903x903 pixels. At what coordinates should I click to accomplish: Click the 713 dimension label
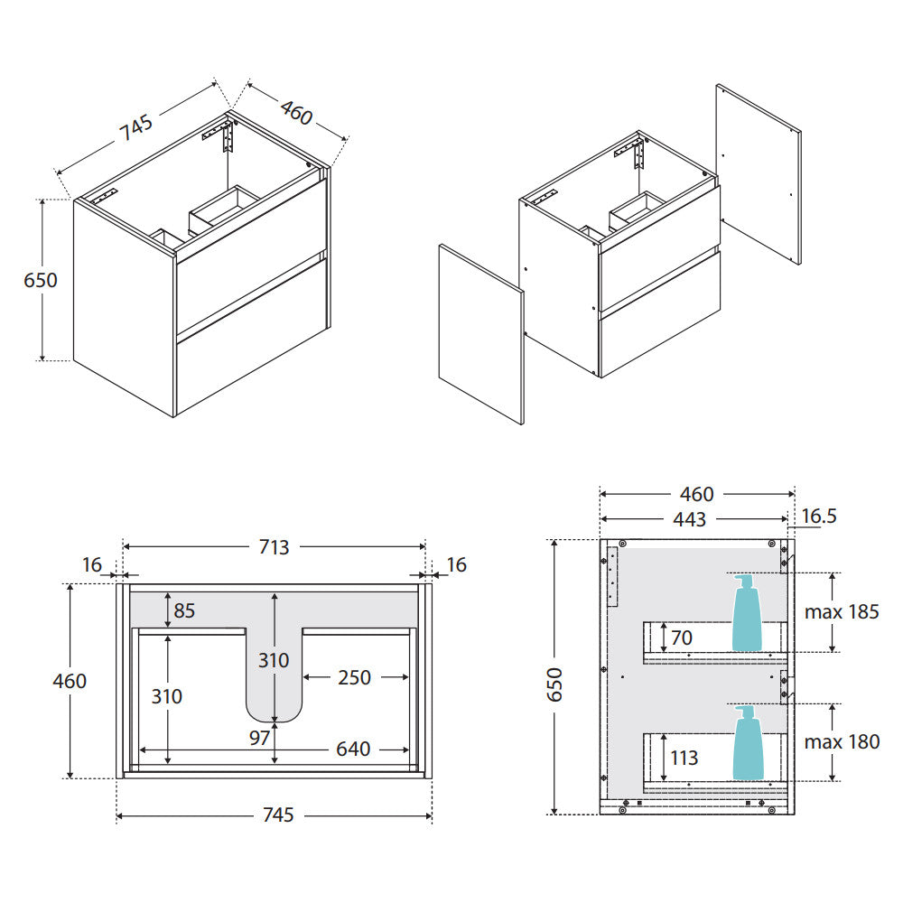(x=274, y=546)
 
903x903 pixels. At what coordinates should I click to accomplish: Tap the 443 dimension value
(x=689, y=519)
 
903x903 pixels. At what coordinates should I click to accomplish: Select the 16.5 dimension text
(x=819, y=516)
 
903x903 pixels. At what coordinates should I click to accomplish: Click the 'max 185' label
(x=842, y=611)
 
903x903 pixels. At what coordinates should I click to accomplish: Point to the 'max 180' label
(x=842, y=741)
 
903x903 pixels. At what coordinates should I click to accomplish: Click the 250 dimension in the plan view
(x=354, y=677)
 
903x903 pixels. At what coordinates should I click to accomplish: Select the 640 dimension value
(x=353, y=749)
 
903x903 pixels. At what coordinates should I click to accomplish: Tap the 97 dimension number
(x=260, y=738)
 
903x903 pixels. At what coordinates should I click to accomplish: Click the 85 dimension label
(x=184, y=610)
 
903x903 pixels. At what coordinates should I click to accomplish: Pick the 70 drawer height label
(x=681, y=638)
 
